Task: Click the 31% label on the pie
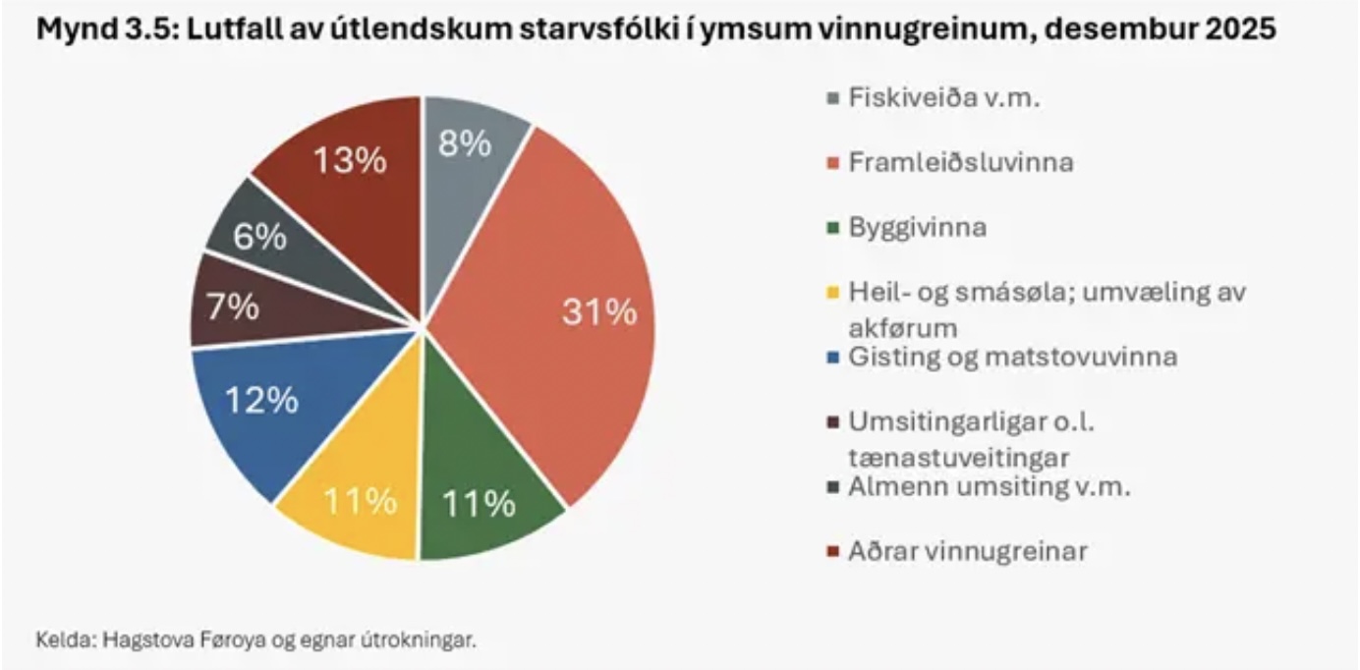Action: coord(598,312)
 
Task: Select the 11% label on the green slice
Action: coord(479,503)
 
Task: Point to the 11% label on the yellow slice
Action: coord(361,501)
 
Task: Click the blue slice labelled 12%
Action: coord(261,400)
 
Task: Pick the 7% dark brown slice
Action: coord(231,307)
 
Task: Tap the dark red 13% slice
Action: coord(349,160)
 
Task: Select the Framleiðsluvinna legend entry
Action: coord(960,162)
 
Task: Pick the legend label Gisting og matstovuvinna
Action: coord(1011,357)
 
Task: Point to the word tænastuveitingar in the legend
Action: coord(958,456)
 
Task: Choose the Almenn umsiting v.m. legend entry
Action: coord(989,486)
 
